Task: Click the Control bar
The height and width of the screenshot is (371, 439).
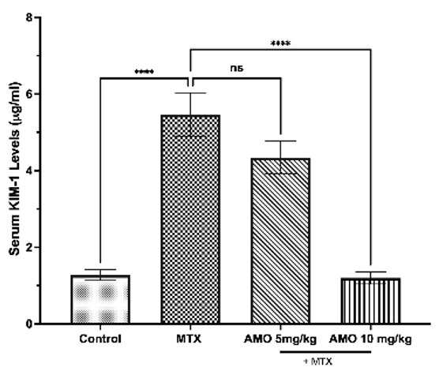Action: coord(100,300)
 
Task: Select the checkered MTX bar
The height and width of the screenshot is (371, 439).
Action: coord(190,219)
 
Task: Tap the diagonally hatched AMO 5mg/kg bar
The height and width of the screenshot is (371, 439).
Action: coord(280,241)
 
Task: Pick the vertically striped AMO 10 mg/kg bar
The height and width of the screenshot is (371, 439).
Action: coord(370,301)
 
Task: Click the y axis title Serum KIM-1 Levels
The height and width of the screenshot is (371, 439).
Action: coord(14,169)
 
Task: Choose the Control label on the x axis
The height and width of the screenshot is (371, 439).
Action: coord(100,339)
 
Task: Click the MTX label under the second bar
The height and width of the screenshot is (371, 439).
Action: coord(189,339)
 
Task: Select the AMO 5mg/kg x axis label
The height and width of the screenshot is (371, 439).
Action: coord(280,339)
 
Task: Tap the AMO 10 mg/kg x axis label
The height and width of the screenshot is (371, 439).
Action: coord(370,339)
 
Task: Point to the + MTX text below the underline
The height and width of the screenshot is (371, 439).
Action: coord(318,362)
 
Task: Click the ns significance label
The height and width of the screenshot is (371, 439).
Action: coord(237,69)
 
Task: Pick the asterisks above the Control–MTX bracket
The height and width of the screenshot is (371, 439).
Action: coord(144,72)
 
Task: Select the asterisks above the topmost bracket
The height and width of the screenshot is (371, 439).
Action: coord(280,43)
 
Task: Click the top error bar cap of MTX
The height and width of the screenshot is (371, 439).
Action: coord(190,93)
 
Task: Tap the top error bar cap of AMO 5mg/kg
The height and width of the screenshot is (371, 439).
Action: coord(280,141)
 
